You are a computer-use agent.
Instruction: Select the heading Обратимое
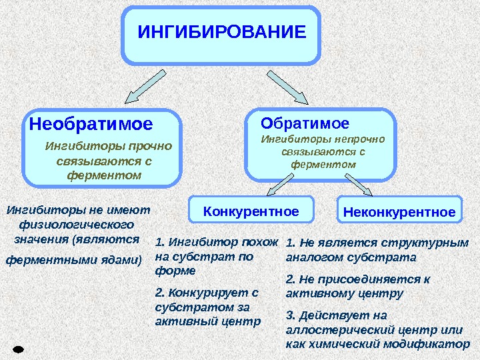coord(305,123)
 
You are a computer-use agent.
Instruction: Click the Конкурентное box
coord(251,212)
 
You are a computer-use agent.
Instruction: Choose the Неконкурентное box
coord(399,213)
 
